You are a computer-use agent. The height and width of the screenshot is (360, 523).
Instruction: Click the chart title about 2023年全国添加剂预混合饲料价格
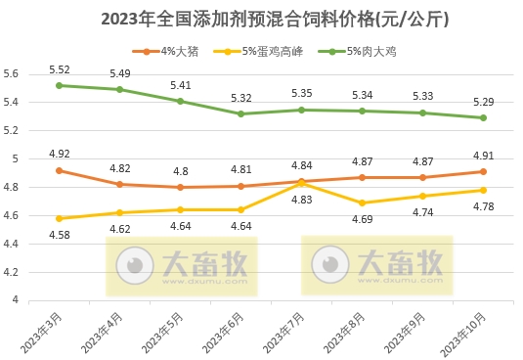tap(261, 19)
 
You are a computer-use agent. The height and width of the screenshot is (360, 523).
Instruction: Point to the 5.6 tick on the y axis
tap(12, 73)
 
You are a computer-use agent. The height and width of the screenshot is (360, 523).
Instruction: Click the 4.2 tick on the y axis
tap(12, 272)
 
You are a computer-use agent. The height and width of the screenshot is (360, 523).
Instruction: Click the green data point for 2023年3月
tap(60, 85)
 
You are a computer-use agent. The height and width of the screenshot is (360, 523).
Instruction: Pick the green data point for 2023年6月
tap(240, 113)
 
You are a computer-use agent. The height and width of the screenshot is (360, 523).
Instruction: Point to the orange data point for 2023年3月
tap(60, 170)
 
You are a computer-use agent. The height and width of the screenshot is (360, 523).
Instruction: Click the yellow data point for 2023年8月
tap(362, 202)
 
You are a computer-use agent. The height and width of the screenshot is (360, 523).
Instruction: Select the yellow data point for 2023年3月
tap(60, 218)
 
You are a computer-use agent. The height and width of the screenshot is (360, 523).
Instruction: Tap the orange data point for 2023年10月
tap(483, 171)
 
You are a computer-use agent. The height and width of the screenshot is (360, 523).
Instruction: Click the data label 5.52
tap(60, 69)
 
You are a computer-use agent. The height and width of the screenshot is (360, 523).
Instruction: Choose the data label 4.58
tap(60, 235)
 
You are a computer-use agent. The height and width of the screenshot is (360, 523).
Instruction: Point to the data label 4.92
tap(60, 154)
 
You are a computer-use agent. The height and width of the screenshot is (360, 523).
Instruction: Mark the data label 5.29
tap(483, 102)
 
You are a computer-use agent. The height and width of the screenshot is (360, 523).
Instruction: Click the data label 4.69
tap(362, 219)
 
